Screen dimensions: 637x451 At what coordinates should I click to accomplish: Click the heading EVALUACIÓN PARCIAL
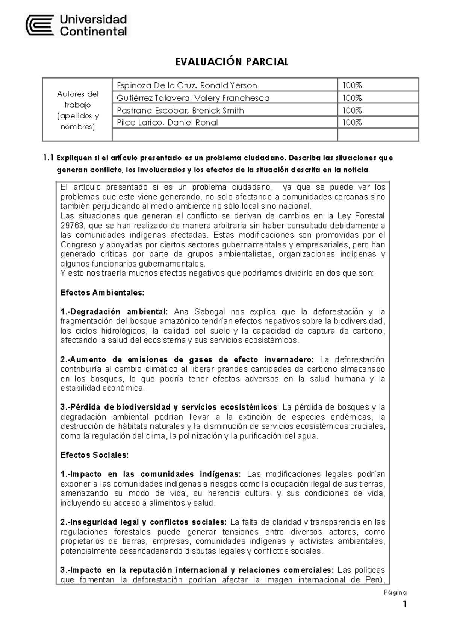pyautogui.click(x=232, y=62)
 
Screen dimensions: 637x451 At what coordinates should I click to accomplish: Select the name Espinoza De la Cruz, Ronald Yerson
pyautogui.click(x=187, y=86)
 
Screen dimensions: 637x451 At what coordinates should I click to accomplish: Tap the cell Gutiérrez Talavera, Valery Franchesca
pyautogui.click(x=193, y=98)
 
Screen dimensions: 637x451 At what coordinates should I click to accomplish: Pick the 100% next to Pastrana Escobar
pyautogui.click(x=352, y=111)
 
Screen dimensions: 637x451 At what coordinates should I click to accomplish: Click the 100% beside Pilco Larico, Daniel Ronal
pyautogui.click(x=352, y=123)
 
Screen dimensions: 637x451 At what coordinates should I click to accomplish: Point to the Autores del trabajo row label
pyautogui.click(x=77, y=110)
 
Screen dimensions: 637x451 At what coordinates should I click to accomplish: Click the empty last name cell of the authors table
pyautogui.click(x=224, y=135)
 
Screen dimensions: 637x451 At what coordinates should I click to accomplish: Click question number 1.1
pyautogui.click(x=49, y=158)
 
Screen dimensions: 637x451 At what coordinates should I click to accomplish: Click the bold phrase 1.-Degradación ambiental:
pyautogui.click(x=114, y=312)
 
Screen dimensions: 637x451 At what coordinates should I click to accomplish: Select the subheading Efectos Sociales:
pyautogui.click(x=94, y=455)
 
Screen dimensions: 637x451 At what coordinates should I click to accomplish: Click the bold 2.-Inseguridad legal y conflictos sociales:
pyautogui.click(x=143, y=522)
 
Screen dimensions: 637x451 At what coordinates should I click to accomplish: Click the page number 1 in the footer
pyautogui.click(x=404, y=605)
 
